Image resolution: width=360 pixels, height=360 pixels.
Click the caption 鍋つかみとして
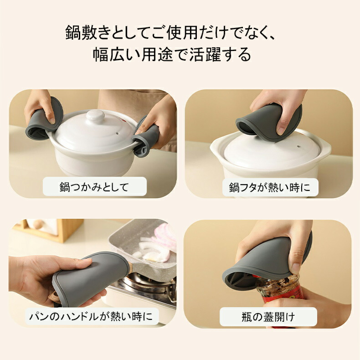(94, 187)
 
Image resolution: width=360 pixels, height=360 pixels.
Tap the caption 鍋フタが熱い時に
(270, 188)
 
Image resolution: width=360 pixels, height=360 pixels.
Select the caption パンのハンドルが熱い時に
(91, 316)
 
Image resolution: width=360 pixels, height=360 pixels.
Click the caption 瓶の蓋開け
(268, 317)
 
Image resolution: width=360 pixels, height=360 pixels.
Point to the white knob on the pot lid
(95, 115)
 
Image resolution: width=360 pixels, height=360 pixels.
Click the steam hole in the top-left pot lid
(118, 133)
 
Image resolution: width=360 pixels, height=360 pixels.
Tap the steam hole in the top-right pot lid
(298, 146)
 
